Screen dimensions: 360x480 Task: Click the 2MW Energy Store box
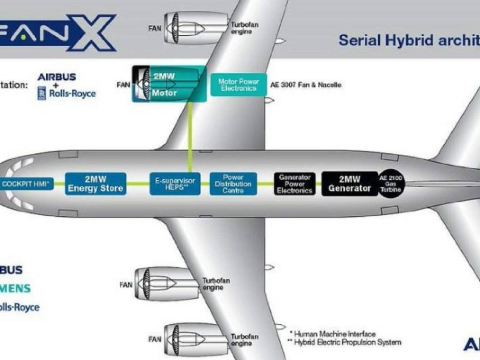tap(95, 184)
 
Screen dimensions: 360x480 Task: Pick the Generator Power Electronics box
tap(295, 184)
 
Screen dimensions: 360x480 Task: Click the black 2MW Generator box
tap(349, 184)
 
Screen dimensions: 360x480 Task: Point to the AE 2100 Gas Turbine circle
tap(392, 184)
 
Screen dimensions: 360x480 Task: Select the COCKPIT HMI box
tap(26, 184)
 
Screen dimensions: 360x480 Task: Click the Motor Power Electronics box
tap(239, 85)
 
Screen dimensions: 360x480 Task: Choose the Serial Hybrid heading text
tap(408, 40)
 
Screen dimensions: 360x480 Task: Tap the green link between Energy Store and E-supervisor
tap(138, 184)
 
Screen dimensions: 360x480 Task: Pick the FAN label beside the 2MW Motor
tap(123, 85)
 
